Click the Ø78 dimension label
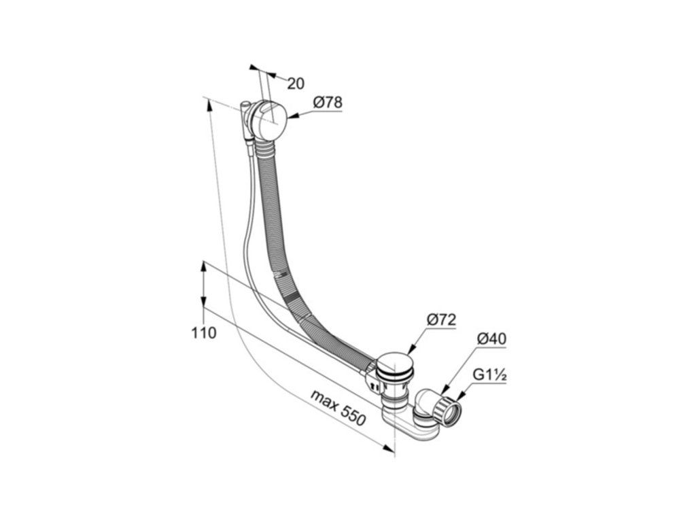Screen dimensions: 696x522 (328, 103)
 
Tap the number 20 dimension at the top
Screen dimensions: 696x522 (295, 84)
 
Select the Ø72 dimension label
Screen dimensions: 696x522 (441, 320)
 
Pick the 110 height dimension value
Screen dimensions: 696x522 (204, 333)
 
